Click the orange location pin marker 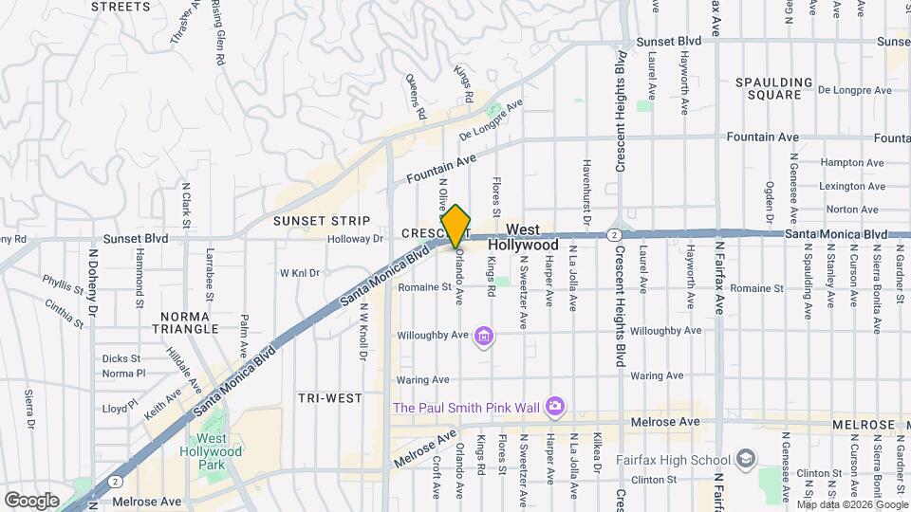[x=456, y=227]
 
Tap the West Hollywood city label [x=531, y=238]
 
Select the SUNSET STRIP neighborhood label [x=313, y=221]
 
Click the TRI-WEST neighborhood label [x=329, y=398]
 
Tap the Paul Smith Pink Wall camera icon [x=555, y=408]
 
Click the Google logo [x=31, y=500]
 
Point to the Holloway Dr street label [x=355, y=240]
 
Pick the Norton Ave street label [x=851, y=210]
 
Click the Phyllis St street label [x=63, y=282]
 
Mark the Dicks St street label [x=121, y=358]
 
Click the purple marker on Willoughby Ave [x=485, y=336]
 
